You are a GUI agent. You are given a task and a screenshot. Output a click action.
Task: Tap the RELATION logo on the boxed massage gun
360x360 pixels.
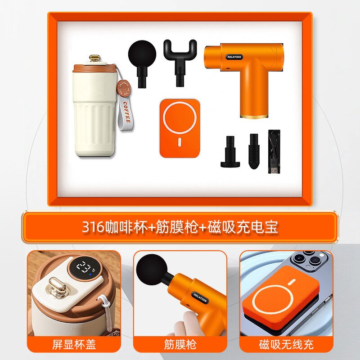point(234,57)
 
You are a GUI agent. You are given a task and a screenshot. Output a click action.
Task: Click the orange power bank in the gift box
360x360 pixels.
point(179,128)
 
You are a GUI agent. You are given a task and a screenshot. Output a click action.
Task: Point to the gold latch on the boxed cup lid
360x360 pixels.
point(94,58)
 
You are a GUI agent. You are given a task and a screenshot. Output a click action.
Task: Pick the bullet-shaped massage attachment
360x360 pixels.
point(254,151)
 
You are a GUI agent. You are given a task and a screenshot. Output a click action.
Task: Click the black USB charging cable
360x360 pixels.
point(274,151)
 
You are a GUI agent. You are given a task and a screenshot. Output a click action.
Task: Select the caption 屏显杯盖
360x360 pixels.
point(74,345)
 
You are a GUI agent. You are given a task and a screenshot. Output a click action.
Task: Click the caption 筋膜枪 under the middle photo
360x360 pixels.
point(180,345)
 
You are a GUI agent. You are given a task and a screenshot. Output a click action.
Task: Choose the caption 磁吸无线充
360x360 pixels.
point(286,345)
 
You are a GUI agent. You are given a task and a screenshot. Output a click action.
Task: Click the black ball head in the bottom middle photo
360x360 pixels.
point(151,269)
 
